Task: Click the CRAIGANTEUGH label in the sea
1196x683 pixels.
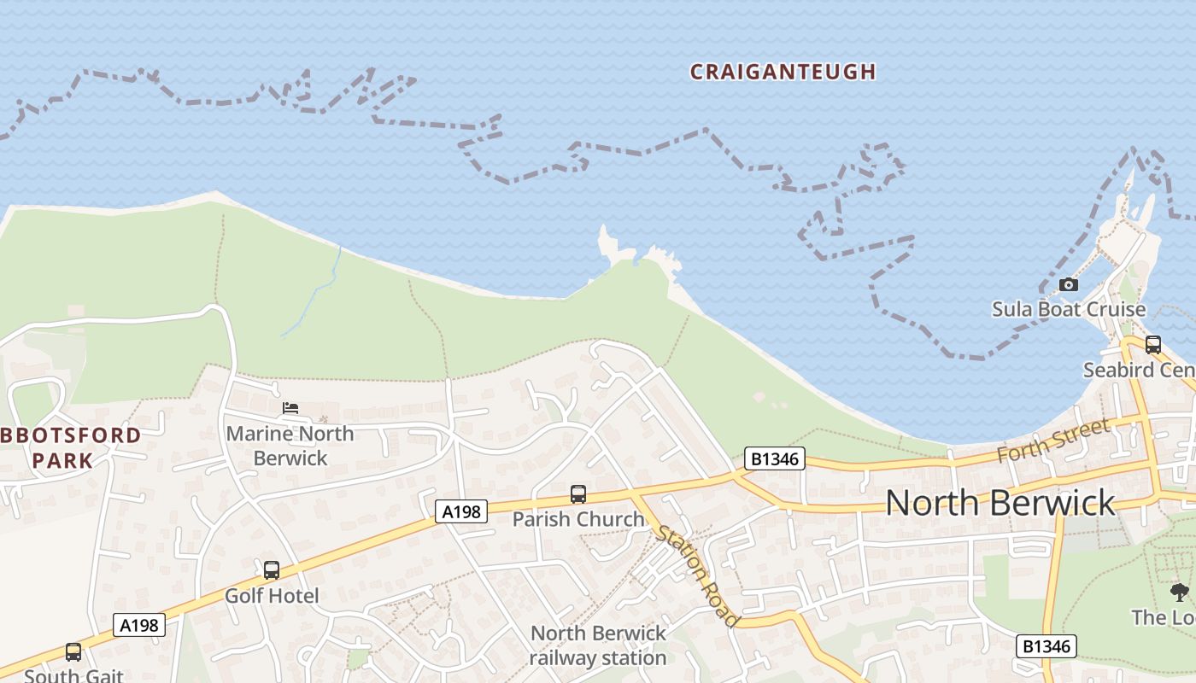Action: [783, 72]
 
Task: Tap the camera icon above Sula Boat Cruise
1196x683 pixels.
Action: [1068, 284]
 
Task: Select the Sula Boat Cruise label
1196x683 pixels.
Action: [1068, 308]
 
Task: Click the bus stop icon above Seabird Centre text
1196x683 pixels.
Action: [1152, 345]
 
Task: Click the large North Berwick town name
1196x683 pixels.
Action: [1000, 502]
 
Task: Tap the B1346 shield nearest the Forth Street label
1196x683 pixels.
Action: [775, 458]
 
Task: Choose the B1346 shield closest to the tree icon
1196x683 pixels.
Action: [1046, 646]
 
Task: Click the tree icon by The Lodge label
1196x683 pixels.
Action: [1179, 593]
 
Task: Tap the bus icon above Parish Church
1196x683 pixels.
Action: [578, 494]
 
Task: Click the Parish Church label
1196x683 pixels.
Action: [578, 518]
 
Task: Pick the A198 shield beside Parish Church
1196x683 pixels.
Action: [461, 511]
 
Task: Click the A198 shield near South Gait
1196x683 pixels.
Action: [139, 625]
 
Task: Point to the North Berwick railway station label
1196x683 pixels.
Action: [597, 645]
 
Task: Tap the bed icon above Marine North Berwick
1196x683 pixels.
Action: [290, 408]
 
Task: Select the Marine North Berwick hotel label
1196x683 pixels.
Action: [290, 445]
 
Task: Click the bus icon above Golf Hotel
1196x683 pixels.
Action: [271, 569]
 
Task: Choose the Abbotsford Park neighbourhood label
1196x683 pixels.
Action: [73, 447]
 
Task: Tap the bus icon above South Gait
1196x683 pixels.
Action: [73, 652]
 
